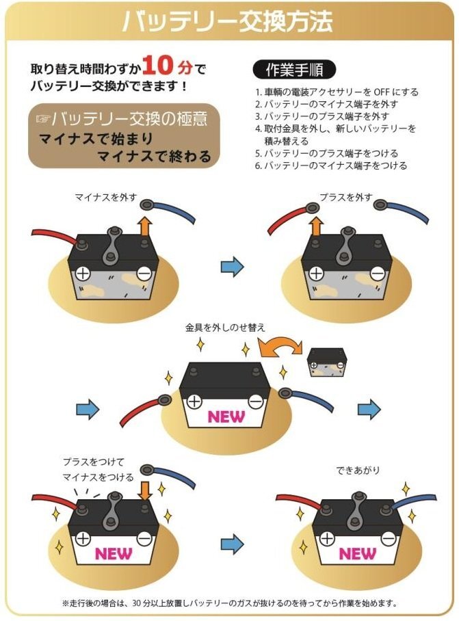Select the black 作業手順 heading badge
click(294, 70)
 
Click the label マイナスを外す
click(106, 198)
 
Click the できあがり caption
click(358, 471)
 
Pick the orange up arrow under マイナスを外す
click(144, 226)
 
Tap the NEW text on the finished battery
click(357, 552)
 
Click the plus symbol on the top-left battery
click(83, 273)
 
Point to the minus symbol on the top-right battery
click(377, 274)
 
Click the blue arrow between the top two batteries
click(233, 267)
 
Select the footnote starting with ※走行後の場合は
click(229, 604)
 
